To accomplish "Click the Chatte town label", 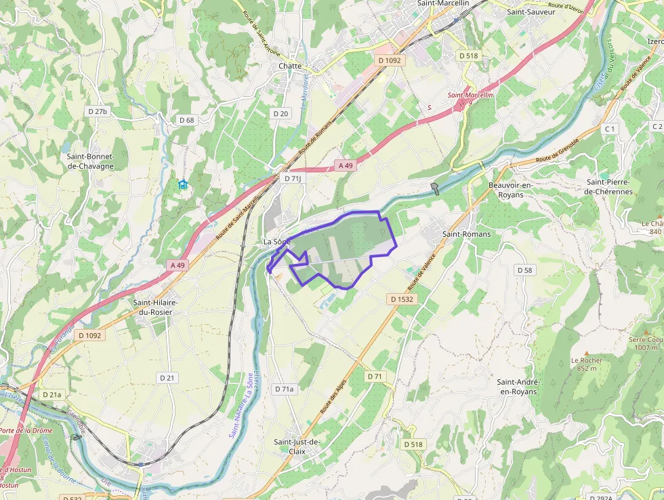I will pos(289,66).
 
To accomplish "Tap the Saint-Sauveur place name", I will pos(531,12).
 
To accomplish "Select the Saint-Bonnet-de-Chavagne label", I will pos(91,161).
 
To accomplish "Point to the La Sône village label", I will pos(276,242).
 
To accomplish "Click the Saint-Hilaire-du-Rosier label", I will pos(152,307).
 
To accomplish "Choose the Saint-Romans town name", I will pos(466,233).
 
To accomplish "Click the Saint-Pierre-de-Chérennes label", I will pos(610,187).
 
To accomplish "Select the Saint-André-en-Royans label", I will pos(518,387).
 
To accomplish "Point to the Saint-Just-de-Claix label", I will pos(296,446).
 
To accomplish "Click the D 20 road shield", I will pos(280,113).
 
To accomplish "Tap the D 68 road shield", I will pos(186,120).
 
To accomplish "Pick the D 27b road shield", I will pos(98,111).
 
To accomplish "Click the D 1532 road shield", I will pos(402,299).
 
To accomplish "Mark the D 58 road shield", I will pos(525,270).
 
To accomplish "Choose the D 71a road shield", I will pos(285,389).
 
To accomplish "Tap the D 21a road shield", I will pos(51,394).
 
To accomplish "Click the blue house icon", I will pos(182,184).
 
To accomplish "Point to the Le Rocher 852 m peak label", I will pos(587,364).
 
